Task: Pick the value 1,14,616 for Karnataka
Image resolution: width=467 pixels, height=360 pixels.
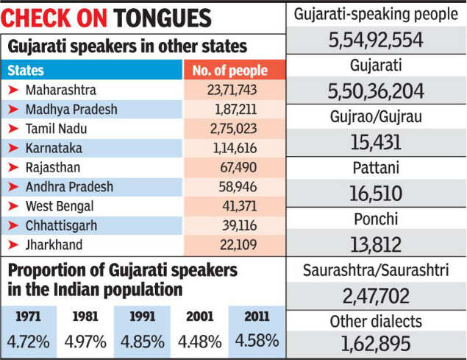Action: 235,148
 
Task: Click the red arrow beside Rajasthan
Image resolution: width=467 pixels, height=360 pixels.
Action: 13,168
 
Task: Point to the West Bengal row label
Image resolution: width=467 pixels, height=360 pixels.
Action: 59,206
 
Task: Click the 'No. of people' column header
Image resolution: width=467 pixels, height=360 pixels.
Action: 229,71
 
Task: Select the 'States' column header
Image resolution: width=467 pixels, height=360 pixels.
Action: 26,71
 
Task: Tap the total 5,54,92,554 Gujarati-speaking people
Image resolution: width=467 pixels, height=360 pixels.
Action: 376,40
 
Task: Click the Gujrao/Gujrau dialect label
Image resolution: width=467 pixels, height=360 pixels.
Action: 376,117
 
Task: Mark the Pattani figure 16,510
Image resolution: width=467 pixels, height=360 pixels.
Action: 376,194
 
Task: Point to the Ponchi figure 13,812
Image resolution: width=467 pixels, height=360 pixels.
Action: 376,244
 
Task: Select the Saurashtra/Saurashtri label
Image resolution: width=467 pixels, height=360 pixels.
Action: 376,270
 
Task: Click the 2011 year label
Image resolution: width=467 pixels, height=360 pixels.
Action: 256,317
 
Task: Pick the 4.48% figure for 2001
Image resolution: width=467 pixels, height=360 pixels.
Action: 199,342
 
